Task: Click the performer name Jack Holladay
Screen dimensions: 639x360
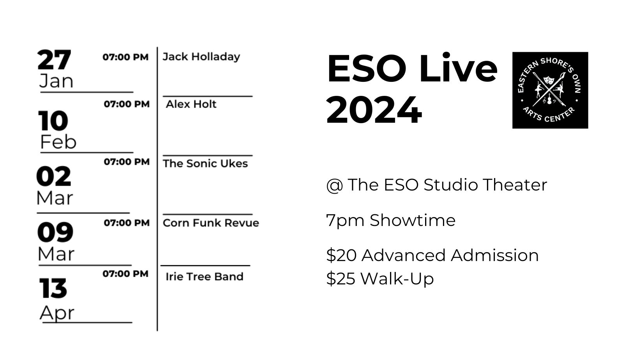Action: click(201, 57)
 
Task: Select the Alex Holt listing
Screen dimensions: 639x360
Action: click(191, 104)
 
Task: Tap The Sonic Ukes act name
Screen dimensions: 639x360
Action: click(205, 164)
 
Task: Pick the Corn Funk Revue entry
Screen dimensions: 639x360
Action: click(211, 223)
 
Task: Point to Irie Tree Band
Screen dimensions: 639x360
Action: click(205, 276)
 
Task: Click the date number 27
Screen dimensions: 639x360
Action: click(54, 60)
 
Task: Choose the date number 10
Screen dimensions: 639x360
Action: click(53, 121)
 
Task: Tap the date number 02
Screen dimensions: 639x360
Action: click(54, 176)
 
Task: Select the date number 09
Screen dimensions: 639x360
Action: click(55, 232)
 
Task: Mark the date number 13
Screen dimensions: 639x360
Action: click(53, 288)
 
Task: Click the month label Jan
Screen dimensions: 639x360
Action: click(56, 81)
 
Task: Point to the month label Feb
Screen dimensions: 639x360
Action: click(58, 142)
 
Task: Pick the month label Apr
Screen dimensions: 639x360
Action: click(57, 313)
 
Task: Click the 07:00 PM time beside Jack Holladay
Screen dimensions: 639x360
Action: click(126, 57)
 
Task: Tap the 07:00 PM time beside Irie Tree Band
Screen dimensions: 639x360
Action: click(126, 274)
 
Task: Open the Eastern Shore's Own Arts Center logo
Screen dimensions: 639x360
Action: click(550, 90)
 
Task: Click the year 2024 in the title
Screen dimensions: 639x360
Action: click(374, 110)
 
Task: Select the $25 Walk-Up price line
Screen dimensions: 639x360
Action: click(380, 279)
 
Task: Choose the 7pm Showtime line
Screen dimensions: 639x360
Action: click(391, 221)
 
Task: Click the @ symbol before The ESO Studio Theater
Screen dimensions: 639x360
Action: click(335, 185)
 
